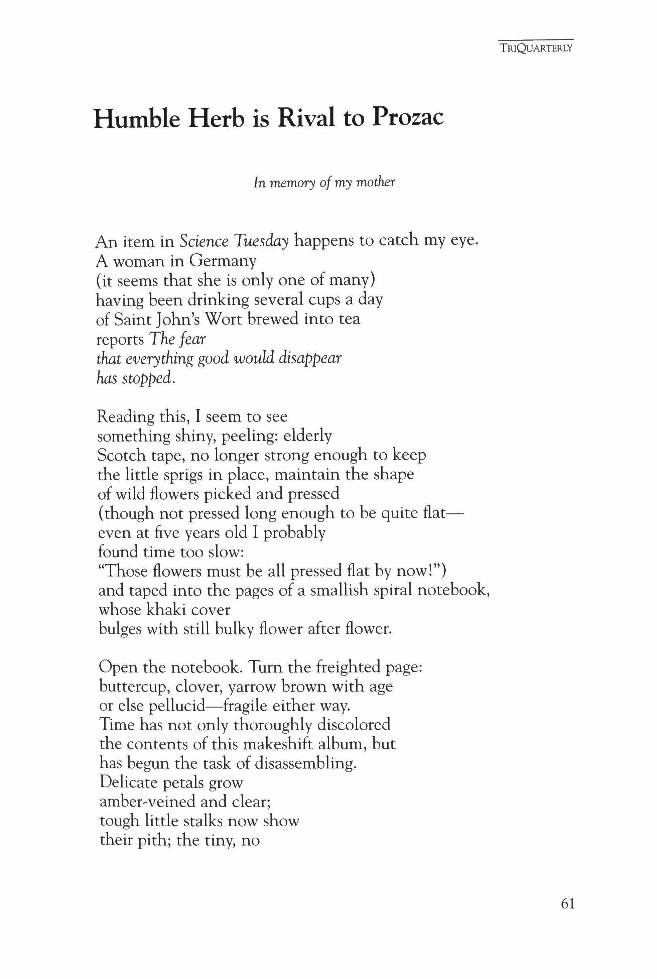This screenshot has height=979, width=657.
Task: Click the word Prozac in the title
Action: pyautogui.click(x=407, y=118)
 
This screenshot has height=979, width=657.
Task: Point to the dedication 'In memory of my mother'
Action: pyautogui.click(x=324, y=183)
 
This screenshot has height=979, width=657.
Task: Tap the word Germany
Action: pyautogui.click(x=222, y=261)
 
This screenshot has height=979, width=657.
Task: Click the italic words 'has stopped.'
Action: pyautogui.click(x=134, y=379)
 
